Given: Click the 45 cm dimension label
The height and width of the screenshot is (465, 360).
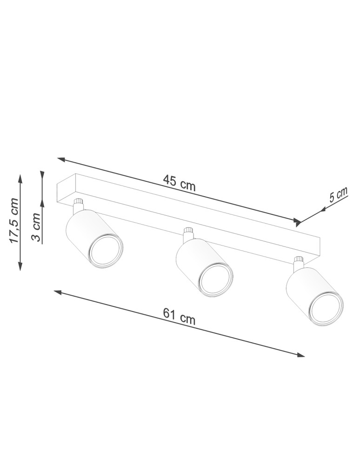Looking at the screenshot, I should [x=179, y=183].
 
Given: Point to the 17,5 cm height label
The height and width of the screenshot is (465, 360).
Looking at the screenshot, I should [x=13, y=220].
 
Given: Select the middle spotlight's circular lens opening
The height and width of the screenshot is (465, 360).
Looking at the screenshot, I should [x=215, y=279].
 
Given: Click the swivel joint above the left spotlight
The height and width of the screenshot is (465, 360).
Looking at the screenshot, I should [x=79, y=205].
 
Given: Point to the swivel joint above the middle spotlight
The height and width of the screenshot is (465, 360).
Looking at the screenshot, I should [x=188, y=233].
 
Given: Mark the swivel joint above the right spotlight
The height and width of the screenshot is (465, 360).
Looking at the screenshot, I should [x=298, y=262].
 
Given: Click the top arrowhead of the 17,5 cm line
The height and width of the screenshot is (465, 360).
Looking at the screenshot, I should [x=20, y=177].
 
